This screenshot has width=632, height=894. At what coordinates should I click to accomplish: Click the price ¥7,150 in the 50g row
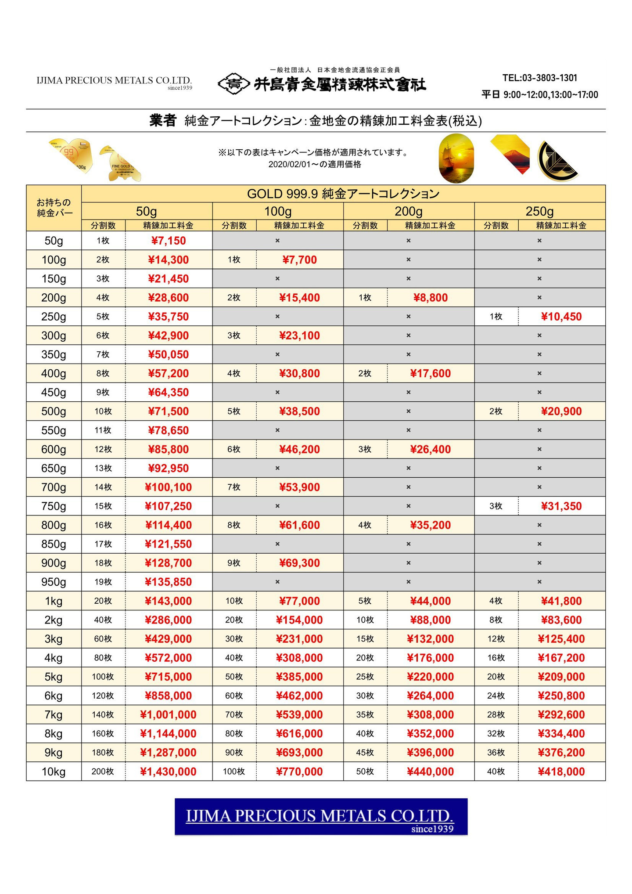coord(169,241)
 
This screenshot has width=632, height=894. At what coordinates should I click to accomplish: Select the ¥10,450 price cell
coord(561,317)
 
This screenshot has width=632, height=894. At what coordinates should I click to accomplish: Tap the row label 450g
coord(54,393)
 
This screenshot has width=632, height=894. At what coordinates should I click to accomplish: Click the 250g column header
coord(539,212)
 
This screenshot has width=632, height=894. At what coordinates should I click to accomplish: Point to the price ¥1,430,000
coord(169,771)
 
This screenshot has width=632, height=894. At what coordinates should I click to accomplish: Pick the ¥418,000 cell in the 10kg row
coord(561,771)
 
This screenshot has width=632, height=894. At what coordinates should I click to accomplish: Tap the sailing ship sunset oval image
coord(456,158)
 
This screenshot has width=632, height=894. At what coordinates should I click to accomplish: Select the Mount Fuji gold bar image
coord(510,155)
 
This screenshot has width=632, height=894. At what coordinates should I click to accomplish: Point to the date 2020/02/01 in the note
coord(288,165)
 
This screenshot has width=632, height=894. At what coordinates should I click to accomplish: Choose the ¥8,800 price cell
coord(431,298)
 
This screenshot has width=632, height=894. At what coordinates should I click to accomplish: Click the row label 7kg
coord(54,715)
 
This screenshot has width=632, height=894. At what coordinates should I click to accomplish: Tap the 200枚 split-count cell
coord(103,771)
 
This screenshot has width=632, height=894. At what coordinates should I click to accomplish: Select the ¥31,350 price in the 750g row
coord(561,506)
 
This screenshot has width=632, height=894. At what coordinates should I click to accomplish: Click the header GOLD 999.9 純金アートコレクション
coord(343,194)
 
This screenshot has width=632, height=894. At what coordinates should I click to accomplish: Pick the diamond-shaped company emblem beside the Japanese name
coord(234,83)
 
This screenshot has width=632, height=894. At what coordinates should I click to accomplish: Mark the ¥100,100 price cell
coord(169,487)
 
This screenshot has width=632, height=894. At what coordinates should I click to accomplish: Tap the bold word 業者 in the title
coord(163,120)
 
